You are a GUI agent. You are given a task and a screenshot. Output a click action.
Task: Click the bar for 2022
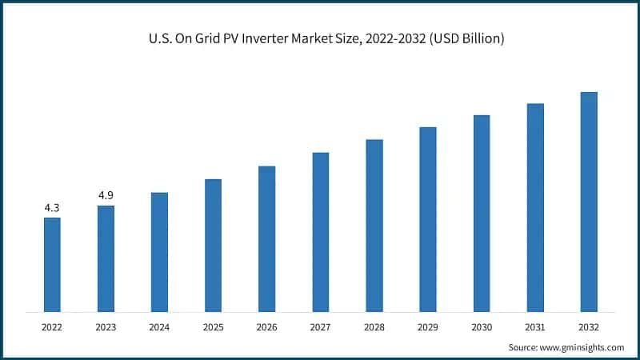tap(52, 265)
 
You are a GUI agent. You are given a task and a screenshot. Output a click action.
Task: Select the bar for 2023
tap(106, 258)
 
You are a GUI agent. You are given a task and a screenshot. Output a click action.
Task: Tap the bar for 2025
tap(213, 245)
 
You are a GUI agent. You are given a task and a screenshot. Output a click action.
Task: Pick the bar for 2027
tap(320, 232)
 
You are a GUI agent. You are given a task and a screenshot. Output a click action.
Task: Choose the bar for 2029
tap(428, 219)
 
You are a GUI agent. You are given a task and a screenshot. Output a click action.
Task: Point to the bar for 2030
tap(482, 214)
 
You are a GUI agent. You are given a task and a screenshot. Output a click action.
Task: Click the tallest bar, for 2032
tap(589, 202)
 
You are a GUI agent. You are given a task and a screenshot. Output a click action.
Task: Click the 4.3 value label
tap(52, 208)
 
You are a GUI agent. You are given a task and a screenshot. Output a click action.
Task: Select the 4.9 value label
tap(106, 195)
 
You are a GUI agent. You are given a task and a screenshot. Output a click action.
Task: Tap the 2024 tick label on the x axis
tap(159, 326)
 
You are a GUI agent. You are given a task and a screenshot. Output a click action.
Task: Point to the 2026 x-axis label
tap(266, 326)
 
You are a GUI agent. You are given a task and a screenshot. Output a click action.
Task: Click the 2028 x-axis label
tap(374, 326)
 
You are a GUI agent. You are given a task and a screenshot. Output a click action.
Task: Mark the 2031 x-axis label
tap(535, 326)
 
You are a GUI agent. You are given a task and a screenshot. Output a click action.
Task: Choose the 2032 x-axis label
tap(589, 326)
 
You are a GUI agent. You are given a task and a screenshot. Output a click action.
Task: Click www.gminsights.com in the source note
tap(582, 347)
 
